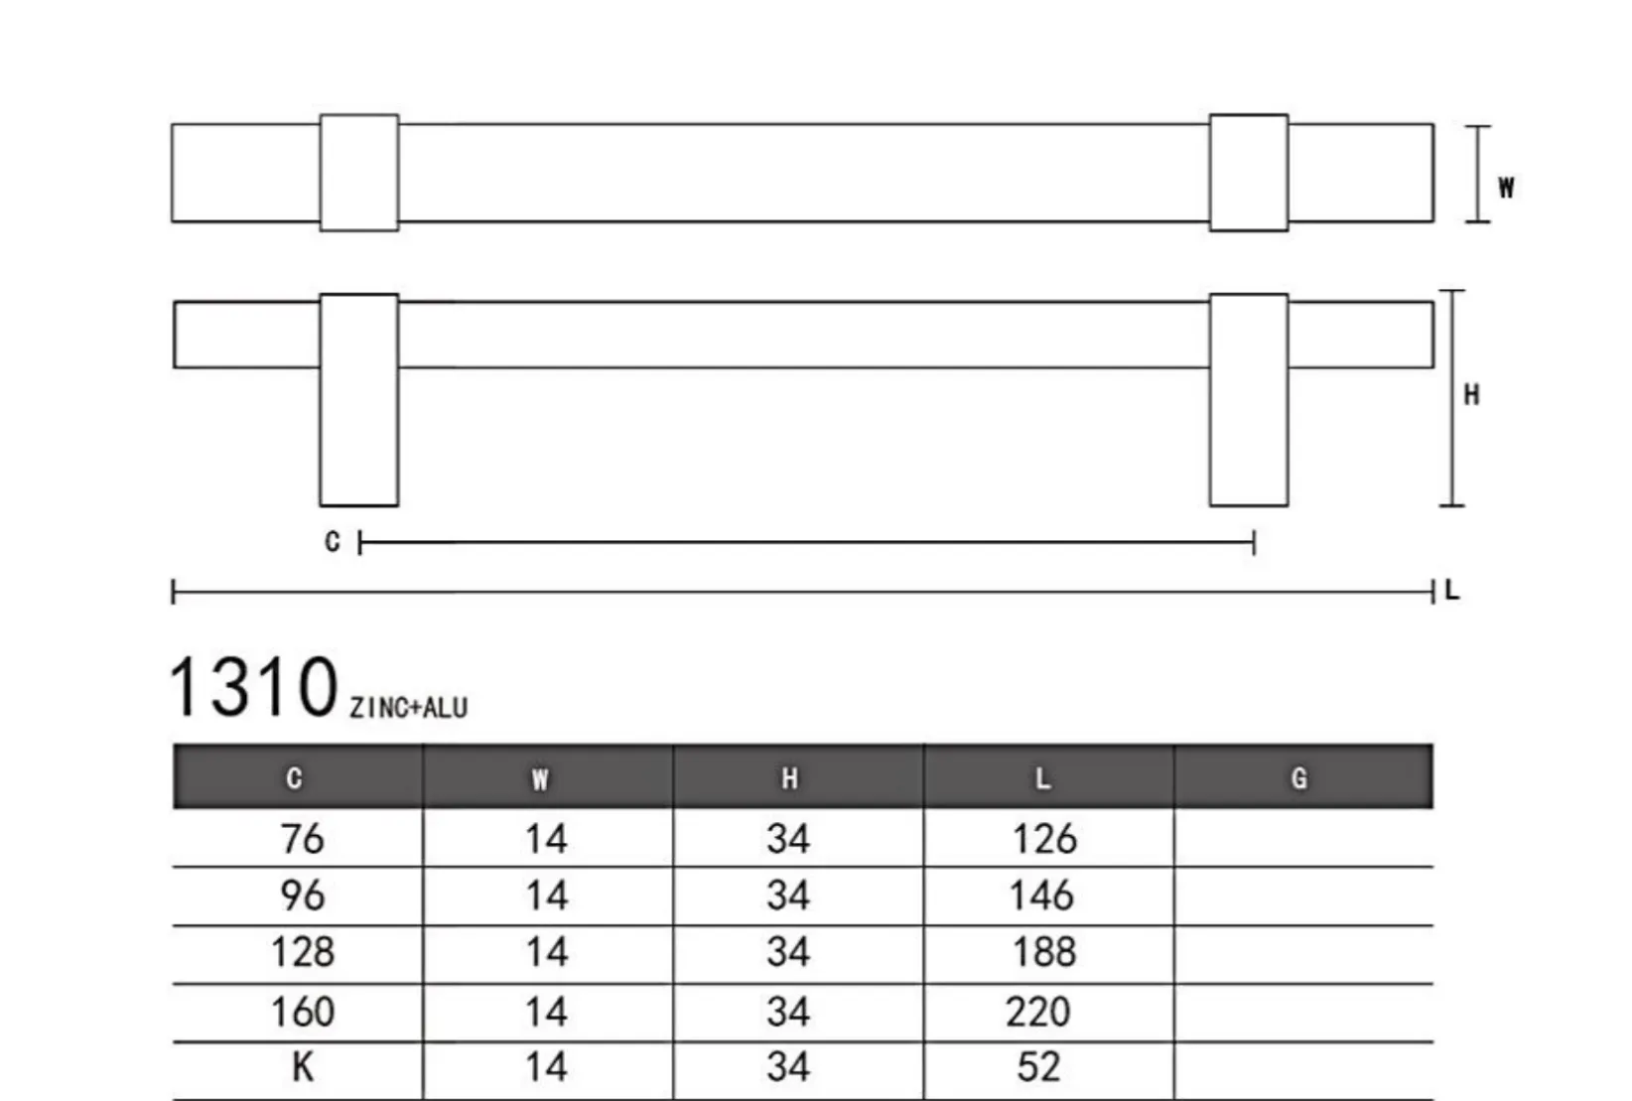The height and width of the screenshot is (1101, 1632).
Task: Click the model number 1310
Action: tap(253, 687)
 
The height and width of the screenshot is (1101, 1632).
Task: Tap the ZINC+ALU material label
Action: tap(409, 708)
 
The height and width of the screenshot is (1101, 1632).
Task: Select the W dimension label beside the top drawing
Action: tap(1506, 188)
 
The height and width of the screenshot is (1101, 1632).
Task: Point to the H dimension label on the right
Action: tap(1472, 395)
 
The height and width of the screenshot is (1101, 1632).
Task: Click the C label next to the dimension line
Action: tap(333, 541)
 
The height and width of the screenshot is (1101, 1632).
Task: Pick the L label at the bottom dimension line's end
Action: tap(1452, 590)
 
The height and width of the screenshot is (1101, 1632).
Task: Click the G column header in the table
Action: tap(1299, 778)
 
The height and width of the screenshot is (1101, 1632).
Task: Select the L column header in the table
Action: tap(1042, 778)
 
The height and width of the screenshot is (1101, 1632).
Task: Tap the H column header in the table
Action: tap(789, 778)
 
